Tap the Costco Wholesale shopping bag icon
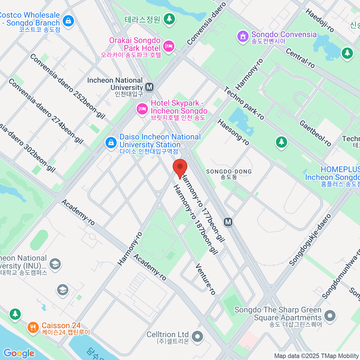coord(69,21)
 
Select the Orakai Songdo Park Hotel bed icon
coord(169,46)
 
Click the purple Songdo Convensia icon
coord(243,36)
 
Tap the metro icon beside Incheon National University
coord(149,87)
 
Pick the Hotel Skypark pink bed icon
coord(142,109)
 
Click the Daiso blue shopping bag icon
coord(111,142)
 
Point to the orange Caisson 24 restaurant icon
coord(33,327)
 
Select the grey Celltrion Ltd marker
coord(198,336)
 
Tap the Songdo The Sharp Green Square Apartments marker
coord(330,316)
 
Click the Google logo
coord(19,353)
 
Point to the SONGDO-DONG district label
coord(229,172)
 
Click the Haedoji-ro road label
coord(319,20)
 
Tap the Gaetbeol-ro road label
coord(315,133)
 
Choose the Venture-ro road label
coord(205,279)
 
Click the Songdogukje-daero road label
coord(310,240)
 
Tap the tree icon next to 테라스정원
coord(169,19)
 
